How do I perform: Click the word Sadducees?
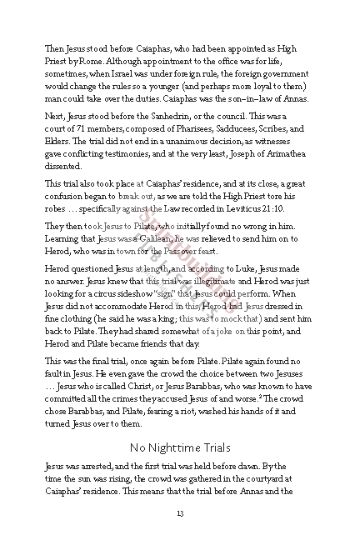pyautogui.click(x=243, y=129)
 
